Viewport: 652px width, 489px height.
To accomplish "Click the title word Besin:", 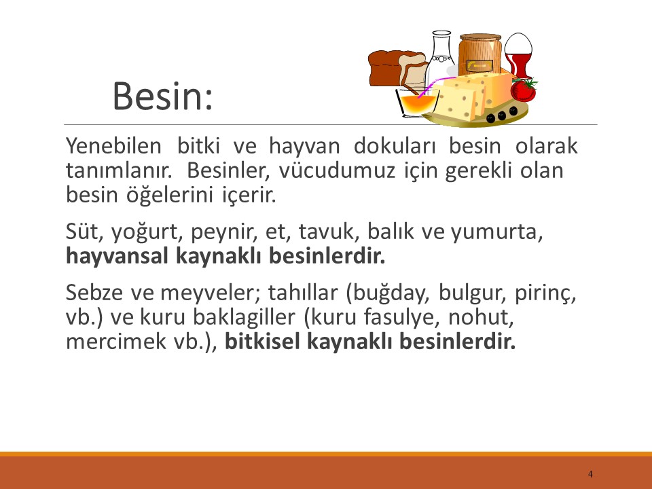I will [162, 96].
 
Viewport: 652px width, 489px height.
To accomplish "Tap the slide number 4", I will [590, 473].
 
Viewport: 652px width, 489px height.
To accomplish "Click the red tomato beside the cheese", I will [523, 89].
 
